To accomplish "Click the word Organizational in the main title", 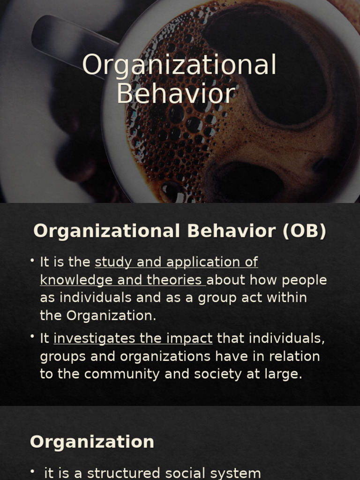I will (x=180, y=66).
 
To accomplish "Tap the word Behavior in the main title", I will (x=175, y=93).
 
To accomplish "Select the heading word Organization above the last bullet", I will (x=92, y=442).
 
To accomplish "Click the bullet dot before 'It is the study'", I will (x=32, y=260).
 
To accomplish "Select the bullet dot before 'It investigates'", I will (x=32, y=337).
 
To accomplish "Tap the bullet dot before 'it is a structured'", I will (x=32, y=472).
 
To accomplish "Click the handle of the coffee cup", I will (x=70, y=40).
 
